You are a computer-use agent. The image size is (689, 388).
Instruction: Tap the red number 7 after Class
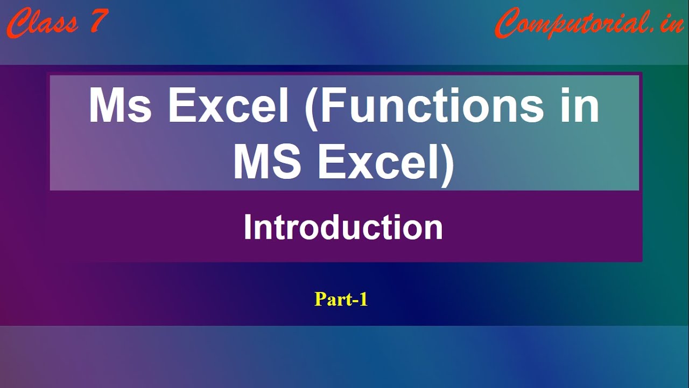tap(99, 21)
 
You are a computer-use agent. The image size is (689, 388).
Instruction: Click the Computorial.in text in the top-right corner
tap(589, 23)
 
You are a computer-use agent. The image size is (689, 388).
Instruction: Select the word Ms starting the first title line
tap(120, 105)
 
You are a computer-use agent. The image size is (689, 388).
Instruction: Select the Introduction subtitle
tap(343, 227)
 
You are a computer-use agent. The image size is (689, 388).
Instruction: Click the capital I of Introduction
tap(247, 227)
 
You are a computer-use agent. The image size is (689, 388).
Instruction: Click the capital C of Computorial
tap(508, 23)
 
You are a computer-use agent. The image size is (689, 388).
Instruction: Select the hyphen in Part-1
tap(355, 301)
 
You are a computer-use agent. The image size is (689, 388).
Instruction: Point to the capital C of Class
tap(20, 23)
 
